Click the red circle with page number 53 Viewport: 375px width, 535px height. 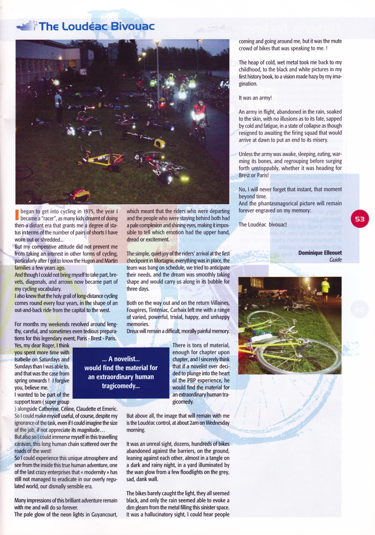[x=359, y=219]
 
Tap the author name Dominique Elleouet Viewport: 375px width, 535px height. [x=320, y=253]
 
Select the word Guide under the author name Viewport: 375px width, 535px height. [x=335, y=260]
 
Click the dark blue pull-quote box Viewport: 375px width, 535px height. [x=121, y=372]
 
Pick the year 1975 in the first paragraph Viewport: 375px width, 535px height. [x=89, y=211]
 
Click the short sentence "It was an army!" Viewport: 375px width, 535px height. [x=255, y=98]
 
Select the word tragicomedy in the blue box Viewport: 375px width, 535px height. [x=121, y=386]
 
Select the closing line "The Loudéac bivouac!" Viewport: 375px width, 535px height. [x=262, y=224]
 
